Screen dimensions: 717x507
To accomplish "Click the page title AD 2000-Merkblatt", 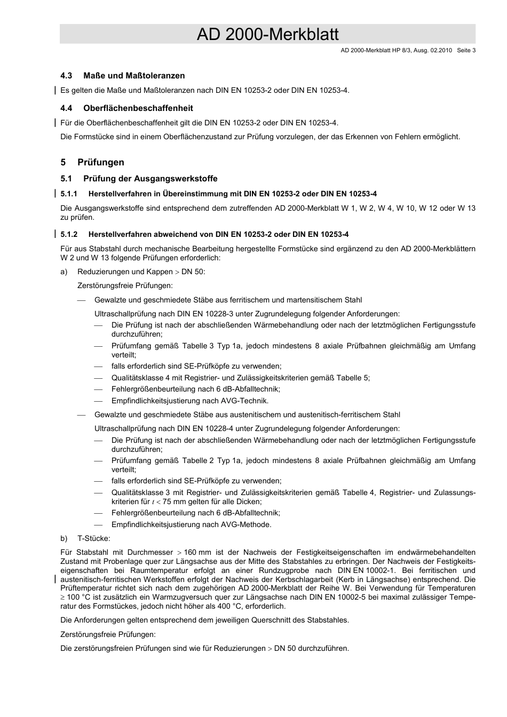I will click(x=267, y=34).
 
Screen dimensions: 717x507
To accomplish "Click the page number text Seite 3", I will click(x=466, y=51).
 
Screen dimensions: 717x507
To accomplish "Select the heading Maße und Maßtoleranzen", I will click(x=134, y=76).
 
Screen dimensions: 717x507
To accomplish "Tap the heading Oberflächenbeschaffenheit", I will click(x=138, y=108).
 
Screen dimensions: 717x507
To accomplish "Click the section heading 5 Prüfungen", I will click(x=92, y=162).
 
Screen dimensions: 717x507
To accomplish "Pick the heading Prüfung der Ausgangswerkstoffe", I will click(x=150, y=179).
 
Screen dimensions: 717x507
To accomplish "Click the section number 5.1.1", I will click(x=69, y=194).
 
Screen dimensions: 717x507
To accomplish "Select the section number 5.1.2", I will click(x=69, y=234).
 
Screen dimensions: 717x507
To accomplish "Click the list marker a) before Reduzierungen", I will click(x=64, y=272).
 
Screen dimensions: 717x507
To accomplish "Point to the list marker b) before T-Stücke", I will click(x=64, y=538).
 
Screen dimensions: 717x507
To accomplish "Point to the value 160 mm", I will click(x=197, y=552).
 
